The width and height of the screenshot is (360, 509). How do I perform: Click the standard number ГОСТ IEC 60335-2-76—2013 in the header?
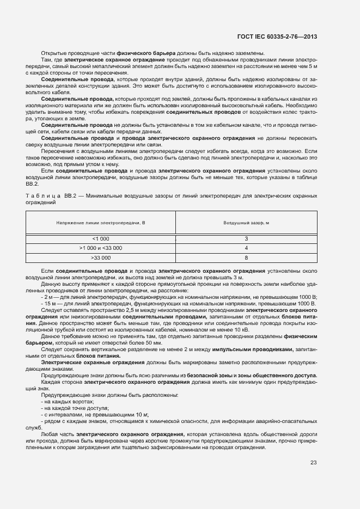tap(277, 37)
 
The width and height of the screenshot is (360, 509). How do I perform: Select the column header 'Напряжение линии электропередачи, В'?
tap(101, 223)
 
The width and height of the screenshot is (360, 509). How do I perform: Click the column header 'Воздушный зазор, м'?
tap(246, 223)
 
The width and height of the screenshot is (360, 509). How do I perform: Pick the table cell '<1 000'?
tap(101, 239)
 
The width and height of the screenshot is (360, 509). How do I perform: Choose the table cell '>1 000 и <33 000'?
tap(101, 248)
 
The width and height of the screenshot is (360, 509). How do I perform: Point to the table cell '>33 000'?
tap(101, 257)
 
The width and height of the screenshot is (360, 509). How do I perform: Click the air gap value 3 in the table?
tap(246, 239)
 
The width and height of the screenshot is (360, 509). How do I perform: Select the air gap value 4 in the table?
tap(246, 248)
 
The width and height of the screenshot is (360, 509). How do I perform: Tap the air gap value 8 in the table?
tap(246, 257)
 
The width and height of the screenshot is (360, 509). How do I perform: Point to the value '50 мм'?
tap(154, 343)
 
